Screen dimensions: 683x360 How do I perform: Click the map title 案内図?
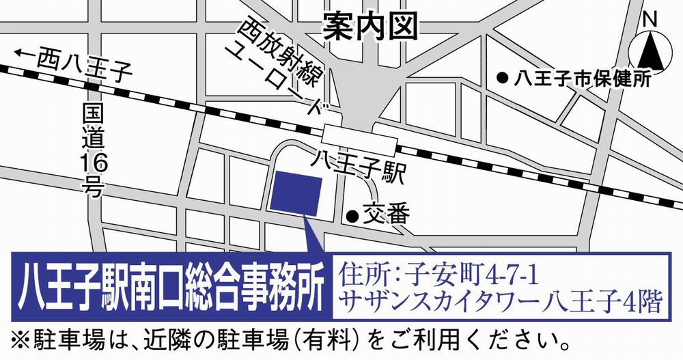point(370,27)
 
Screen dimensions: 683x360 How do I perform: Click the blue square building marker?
point(297,193)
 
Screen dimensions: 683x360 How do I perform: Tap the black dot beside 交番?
point(352,217)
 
